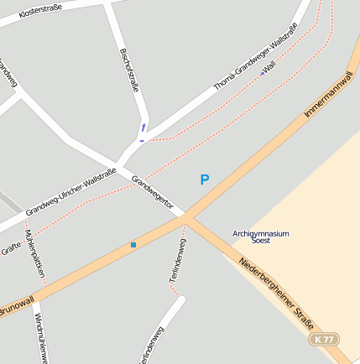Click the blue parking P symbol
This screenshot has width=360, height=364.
(x=204, y=179)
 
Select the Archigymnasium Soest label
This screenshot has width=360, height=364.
(x=260, y=236)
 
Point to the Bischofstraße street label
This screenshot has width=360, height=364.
(x=129, y=70)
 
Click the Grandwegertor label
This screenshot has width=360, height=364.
(x=152, y=192)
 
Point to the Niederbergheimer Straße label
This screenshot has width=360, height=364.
(x=276, y=294)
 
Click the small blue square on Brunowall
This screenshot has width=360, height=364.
(x=133, y=245)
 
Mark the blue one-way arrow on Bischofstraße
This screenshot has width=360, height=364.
(x=143, y=127)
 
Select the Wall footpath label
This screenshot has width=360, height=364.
(x=269, y=65)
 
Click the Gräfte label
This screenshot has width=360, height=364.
(x=10, y=248)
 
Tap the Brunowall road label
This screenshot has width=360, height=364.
(x=15, y=307)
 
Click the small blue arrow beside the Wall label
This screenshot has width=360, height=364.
(x=262, y=74)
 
